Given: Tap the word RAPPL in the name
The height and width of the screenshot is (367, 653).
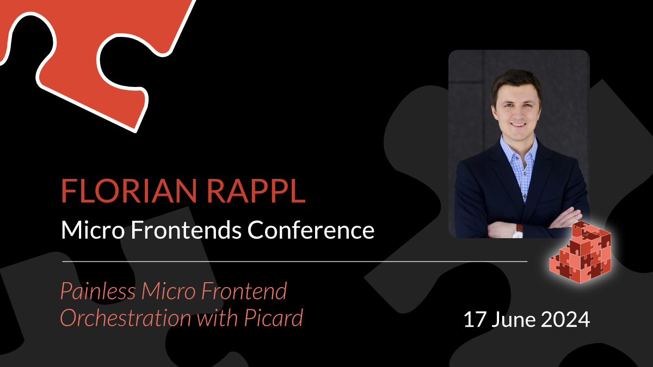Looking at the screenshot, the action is pos(256,191).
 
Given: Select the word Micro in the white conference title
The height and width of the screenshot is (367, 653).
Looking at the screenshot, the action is pos(93,230).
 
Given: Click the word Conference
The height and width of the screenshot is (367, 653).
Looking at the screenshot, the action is pos(311,230).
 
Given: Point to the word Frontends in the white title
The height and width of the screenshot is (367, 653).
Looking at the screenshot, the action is pos(186,230).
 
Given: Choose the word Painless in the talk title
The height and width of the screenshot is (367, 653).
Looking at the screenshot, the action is pos(98,291).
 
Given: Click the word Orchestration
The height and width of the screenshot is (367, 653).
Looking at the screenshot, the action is pos(126,318).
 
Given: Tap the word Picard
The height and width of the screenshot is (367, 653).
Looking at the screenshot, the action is pos(273,318).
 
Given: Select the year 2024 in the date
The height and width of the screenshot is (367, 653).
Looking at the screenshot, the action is pos(565,320).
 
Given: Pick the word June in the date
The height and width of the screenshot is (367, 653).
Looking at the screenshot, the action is pos(514,320).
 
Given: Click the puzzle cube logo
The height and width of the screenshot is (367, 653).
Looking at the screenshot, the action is pos(580,252).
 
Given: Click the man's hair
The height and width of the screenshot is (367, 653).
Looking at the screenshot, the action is pos(516,83).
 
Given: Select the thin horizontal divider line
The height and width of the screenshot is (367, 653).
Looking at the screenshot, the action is pos(295,262).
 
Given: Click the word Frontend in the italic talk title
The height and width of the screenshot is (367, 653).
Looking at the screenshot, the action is pos(244,291).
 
